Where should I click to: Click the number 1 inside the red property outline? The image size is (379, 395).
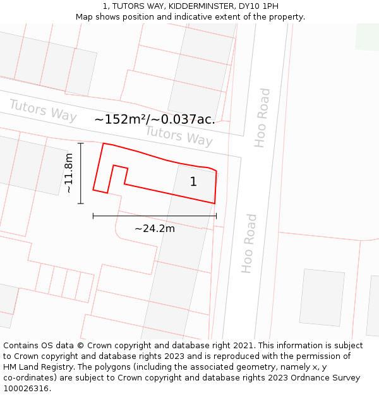click(x=193, y=182)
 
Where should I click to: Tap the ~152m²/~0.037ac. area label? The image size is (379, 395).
click(x=155, y=119)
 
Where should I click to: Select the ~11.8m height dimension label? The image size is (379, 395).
click(x=69, y=173)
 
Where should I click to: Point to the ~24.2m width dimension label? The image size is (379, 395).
click(x=155, y=228)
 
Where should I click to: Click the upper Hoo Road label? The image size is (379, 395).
click(x=262, y=118)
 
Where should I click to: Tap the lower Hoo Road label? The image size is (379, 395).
click(x=250, y=243)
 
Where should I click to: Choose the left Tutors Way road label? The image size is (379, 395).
click(x=42, y=111)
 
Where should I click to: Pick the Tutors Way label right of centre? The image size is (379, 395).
click(x=179, y=135)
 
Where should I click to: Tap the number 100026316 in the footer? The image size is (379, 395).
click(x=25, y=389)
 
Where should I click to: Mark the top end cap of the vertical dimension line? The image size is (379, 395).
click(x=81, y=143)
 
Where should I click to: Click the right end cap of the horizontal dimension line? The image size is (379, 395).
click(x=216, y=216)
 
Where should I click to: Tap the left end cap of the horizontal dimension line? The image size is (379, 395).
click(x=93, y=216)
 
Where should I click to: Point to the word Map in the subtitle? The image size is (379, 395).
click(x=85, y=16)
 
